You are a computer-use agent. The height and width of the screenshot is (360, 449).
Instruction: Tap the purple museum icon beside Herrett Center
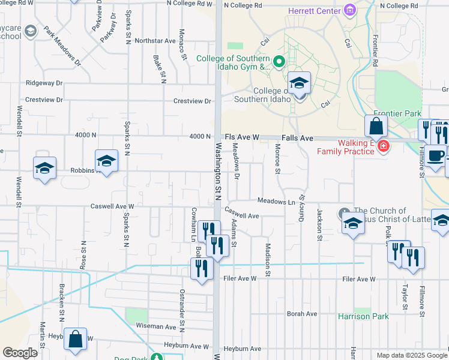[349, 10]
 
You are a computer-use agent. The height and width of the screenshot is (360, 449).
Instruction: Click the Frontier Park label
[397, 113]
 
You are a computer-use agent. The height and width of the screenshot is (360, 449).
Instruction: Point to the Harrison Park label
[363, 316]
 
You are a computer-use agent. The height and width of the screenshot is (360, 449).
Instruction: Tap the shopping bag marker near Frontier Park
[376, 127]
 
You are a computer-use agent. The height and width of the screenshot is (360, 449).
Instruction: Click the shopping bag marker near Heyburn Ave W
[76, 340]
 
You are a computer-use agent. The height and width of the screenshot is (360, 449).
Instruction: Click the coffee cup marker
[437, 156]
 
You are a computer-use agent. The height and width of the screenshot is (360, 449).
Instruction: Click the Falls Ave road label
[298, 138]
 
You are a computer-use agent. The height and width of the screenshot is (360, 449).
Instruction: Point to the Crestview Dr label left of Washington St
[192, 101]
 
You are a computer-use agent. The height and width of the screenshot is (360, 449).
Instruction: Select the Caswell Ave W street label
[112, 206]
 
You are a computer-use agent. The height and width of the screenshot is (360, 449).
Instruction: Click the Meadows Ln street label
[276, 200]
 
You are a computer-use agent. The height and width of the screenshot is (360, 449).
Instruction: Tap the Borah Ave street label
[301, 314]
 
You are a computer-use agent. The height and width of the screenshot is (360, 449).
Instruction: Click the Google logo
[20, 353]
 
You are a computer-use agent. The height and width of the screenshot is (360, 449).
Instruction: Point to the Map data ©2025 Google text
[411, 355]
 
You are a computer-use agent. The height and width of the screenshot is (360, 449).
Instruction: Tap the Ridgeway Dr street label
[44, 83]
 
